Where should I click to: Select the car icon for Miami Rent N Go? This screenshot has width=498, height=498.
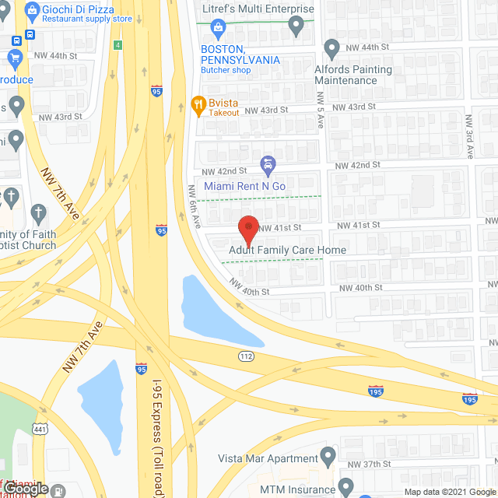268,165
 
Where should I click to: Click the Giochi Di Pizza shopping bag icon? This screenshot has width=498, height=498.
32,11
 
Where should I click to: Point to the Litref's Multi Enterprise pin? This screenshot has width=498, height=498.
296,26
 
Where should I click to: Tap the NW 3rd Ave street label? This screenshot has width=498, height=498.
470,136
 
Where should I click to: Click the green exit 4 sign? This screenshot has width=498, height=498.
117,44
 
